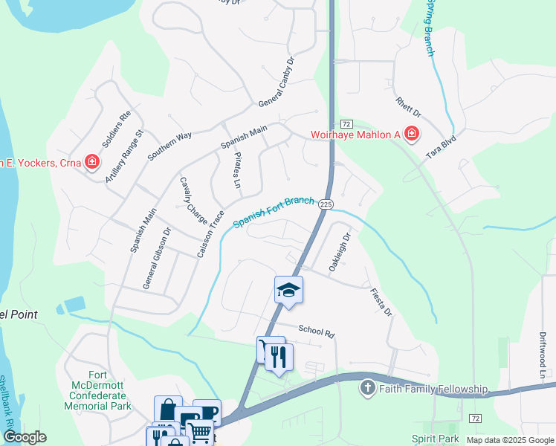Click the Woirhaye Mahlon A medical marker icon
pyautogui.click(x=411, y=134)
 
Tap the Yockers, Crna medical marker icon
pyautogui.click(x=91, y=162)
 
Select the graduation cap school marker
pyautogui.click(x=289, y=290)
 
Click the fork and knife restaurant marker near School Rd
pyautogui.click(x=279, y=357)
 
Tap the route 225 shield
pyautogui.click(x=326, y=204)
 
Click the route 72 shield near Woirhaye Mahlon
pyautogui.click(x=346, y=123)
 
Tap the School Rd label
pyautogui.click(x=317, y=332)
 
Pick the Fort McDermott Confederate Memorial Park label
pyautogui.click(x=97, y=390)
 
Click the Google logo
pyautogui.click(x=25, y=437)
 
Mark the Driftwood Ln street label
pyautogui.click(x=543, y=356)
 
